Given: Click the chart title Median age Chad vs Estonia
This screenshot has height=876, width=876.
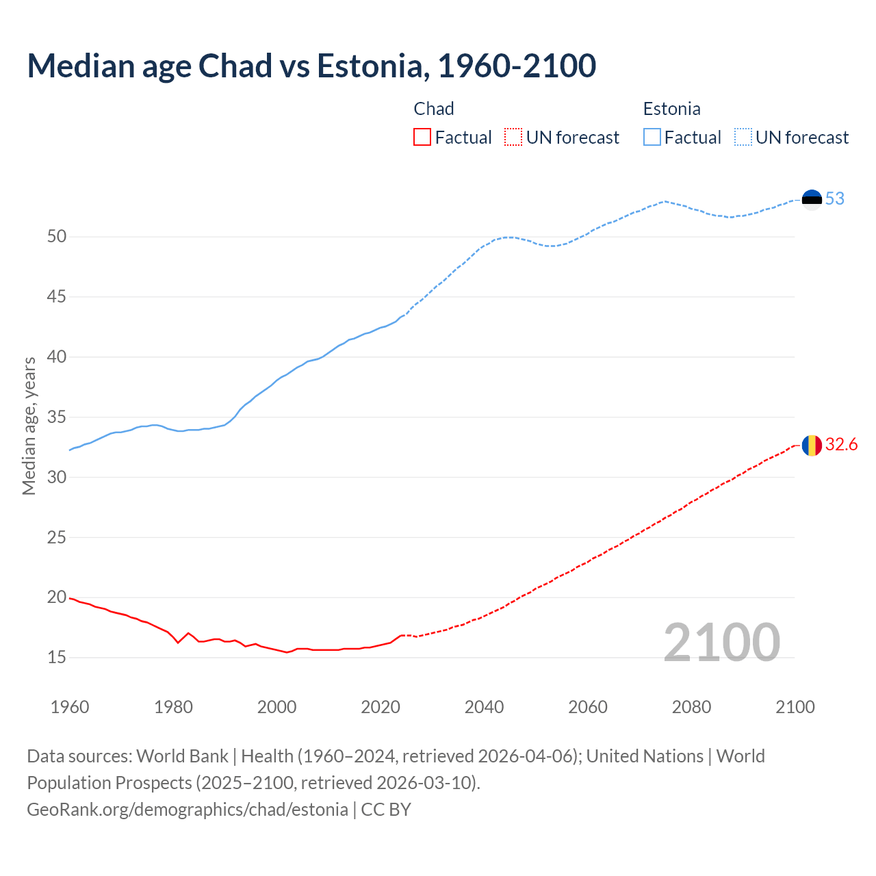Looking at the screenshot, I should click(x=311, y=66).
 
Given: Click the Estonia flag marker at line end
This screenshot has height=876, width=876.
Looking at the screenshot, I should click(x=812, y=199).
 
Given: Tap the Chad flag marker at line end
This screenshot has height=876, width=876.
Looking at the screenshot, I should click(x=812, y=445).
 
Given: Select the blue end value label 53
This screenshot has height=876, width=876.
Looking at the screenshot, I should click(x=834, y=199).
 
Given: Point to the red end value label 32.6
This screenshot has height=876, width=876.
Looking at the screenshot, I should click(x=841, y=445).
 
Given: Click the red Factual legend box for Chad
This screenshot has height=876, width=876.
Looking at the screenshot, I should click(x=422, y=138).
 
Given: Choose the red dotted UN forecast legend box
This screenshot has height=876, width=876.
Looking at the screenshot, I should click(x=513, y=138).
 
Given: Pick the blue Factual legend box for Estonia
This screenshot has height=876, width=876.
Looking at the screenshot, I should click(x=652, y=138).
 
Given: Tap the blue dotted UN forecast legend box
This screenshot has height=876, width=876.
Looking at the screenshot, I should click(x=743, y=138).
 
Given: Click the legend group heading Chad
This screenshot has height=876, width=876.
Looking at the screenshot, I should click(x=434, y=109).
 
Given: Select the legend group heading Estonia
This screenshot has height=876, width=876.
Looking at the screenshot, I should click(x=671, y=109).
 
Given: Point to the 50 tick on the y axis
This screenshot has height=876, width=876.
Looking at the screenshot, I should click(x=57, y=237).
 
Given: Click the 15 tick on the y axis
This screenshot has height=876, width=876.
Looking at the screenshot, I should click(x=57, y=658).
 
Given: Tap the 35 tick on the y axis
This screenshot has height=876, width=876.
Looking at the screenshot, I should click(x=57, y=417).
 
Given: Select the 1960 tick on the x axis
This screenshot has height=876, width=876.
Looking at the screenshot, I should click(x=70, y=707).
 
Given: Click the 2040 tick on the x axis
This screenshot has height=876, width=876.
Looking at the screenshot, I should click(x=484, y=707).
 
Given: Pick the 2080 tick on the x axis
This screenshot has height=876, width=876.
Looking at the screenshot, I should click(x=691, y=707).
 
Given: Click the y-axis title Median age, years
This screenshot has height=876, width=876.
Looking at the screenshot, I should click(x=29, y=426).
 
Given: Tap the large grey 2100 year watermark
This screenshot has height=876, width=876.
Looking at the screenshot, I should click(x=721, y=642).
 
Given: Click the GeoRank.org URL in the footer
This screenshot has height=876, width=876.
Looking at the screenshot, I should click(x=188, y=810).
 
